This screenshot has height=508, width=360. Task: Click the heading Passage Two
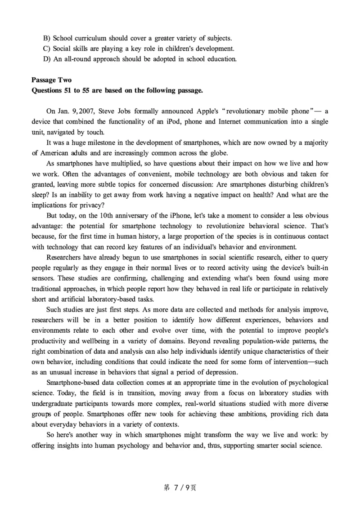(x=51, y=80)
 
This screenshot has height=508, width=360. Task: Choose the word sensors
(x=43, y=278)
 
